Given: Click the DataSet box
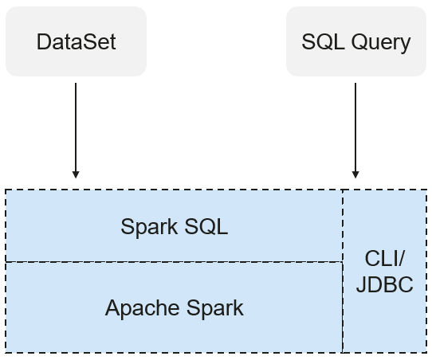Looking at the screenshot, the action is coord(76,41).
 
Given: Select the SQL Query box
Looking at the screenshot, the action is coord(356,41).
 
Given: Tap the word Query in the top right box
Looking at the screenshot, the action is coord(381,43).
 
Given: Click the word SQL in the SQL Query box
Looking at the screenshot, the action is coord(323,42).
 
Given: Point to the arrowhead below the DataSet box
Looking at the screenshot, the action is coord(76,174).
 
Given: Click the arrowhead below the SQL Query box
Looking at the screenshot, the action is coord(355,174).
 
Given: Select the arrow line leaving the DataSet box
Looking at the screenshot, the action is coord(76,131).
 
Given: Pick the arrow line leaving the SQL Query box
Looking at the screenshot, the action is coord(355,131).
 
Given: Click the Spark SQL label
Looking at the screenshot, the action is coord(175,227).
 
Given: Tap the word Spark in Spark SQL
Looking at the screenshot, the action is coord(149,228).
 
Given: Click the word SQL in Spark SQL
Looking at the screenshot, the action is coord(206,226).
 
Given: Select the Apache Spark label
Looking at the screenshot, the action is coord(175,308).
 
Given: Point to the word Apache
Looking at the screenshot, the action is coord(142,308).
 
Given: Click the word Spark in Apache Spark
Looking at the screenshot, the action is coord(215,308).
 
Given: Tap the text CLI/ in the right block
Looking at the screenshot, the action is coord(385,259).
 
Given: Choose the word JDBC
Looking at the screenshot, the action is coord(385,284).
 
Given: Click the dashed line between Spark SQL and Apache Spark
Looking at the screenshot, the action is coord(174,262).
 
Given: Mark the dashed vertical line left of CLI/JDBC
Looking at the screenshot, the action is coord(343,271).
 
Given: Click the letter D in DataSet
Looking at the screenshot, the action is coord(45,42).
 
